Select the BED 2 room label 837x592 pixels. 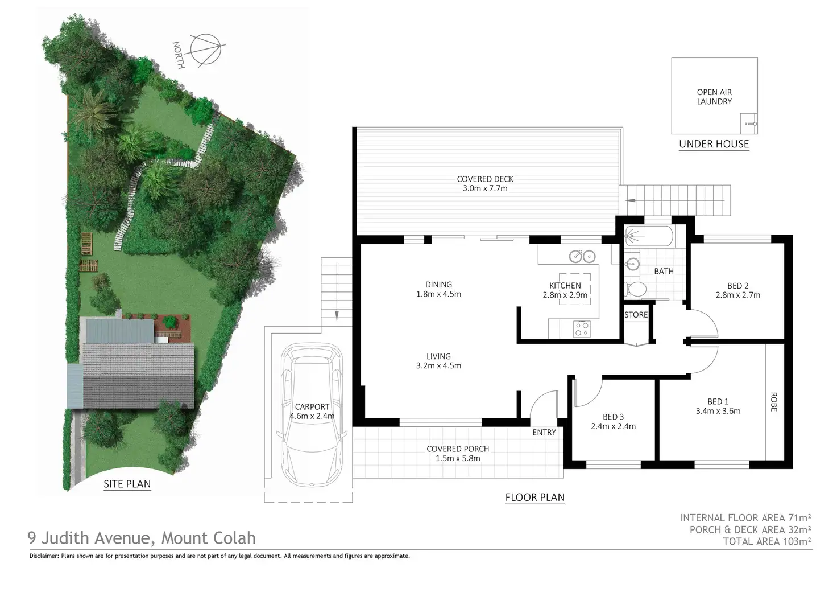click(737, 286)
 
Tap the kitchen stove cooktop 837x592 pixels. click(582, 328)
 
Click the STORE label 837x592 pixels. click(636, 315)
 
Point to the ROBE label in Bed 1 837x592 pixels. click(774, 402)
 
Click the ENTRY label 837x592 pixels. click(544, 433)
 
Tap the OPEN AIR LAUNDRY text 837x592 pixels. click(714, 97)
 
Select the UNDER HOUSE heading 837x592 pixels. click(714, 144)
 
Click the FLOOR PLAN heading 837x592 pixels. click(534, 498)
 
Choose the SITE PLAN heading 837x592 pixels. click(127, 484)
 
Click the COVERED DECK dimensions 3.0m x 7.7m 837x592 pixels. click(485, 188)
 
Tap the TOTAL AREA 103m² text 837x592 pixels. click(766, 541)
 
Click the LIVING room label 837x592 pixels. click(438, 356)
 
